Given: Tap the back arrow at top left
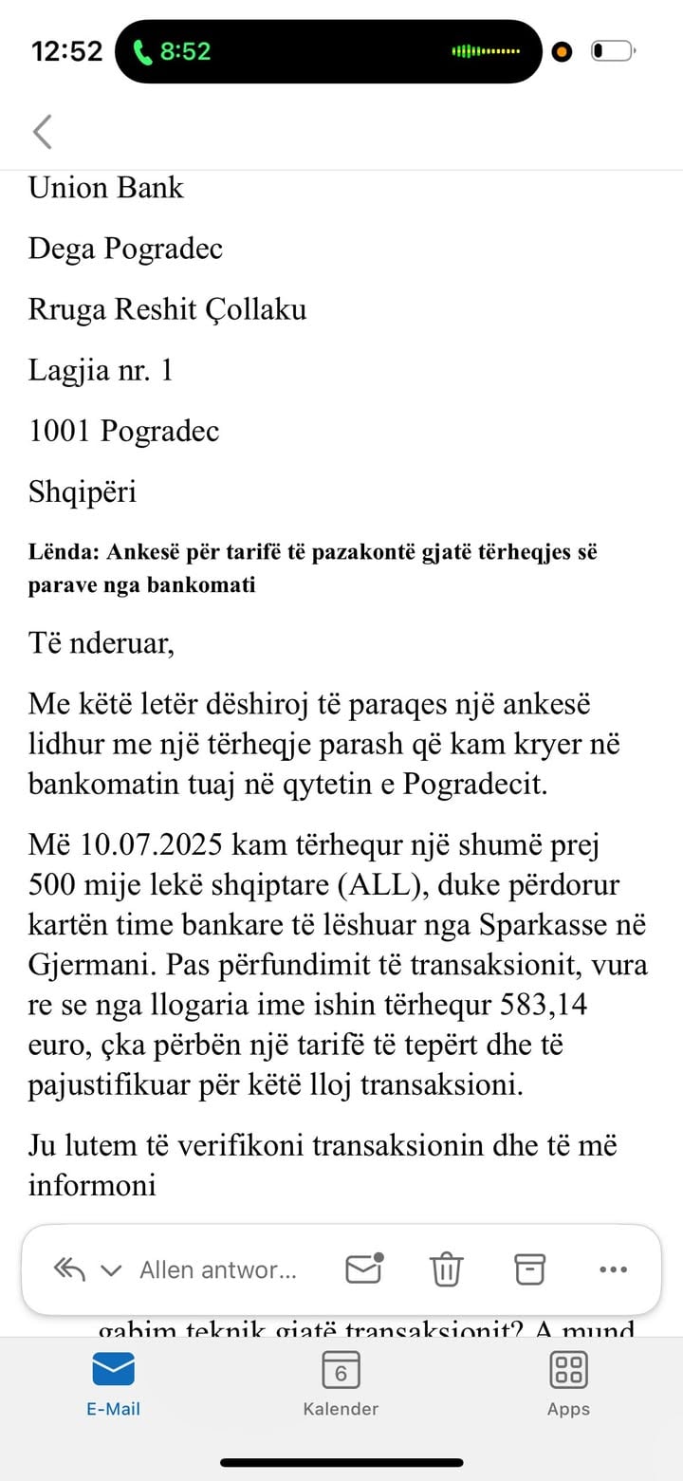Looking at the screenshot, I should coord(42,132).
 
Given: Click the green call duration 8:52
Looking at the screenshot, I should coord(184,51).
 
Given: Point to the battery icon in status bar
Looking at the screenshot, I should coord(612,51).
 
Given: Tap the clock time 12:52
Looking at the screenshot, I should coord(66,51).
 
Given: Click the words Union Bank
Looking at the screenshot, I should coord(105,188).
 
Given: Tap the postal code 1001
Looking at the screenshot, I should coord(59,431).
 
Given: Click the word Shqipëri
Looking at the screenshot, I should coord(83,491).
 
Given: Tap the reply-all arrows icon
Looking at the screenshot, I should coord(69,1269).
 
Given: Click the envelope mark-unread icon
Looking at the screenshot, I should coord(363,1268).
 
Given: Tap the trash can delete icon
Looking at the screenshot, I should coord(446,1268).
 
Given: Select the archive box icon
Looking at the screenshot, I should coord(530,1268).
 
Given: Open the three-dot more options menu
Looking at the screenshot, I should coord(614,1269).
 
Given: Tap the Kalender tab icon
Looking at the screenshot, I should coord(341,1370).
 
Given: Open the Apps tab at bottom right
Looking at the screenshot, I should coord(568,1370).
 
